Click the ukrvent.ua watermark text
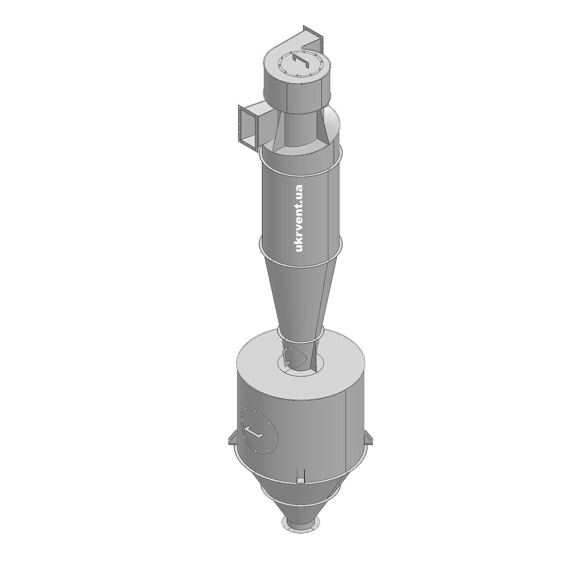click(298, 218)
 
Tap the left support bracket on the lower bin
click(233, 439)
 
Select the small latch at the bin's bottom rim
click(300, 475)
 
